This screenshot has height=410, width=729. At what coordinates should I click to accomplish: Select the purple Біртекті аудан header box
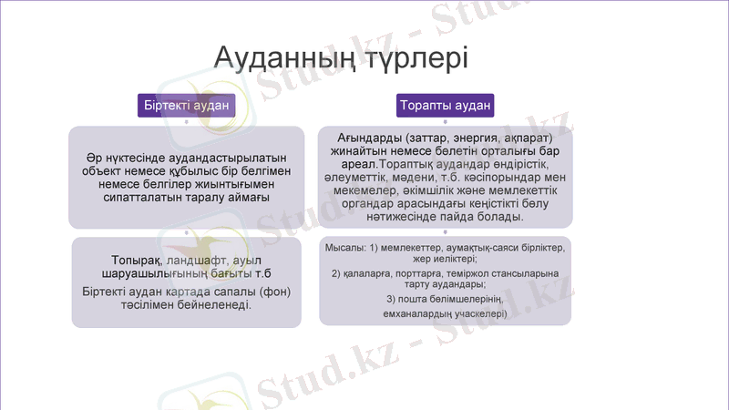[186, 106]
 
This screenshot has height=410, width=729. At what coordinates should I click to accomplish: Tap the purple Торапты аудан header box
[446, 106]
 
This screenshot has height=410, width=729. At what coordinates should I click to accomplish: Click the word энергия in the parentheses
[480, 137]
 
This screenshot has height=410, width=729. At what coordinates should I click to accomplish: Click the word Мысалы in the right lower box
[345, 248]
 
